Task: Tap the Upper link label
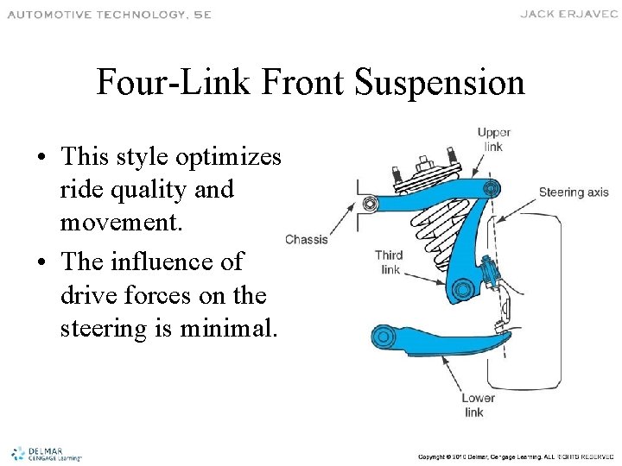click(x=493, y=140)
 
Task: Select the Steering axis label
click(x=574, y=192)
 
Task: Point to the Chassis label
click(x=307, y=239)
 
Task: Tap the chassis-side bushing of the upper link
click(x=371, y=205)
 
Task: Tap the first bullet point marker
click(x=42, y=159)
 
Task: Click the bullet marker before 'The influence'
click(x=42, y=262)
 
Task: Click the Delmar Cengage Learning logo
click(x=45, y=454)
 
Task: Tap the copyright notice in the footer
click(x=516, y=456)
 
